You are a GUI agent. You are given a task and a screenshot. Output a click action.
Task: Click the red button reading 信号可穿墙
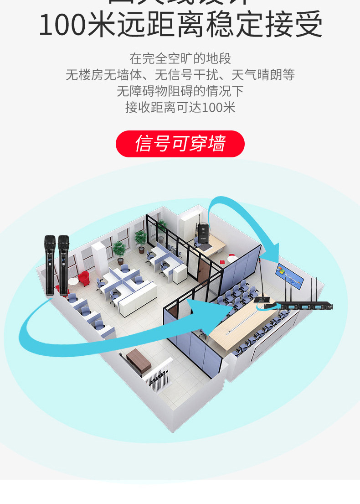(180, 144)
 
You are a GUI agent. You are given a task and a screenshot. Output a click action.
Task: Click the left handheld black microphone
(50, 265)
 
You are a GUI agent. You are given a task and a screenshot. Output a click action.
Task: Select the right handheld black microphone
(63, 265)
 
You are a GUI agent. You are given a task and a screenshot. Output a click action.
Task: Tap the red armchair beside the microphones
(83, 277)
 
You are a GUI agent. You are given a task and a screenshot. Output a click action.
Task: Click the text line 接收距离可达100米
(180, 108)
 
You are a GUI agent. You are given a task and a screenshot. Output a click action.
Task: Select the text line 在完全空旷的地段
(180, 58)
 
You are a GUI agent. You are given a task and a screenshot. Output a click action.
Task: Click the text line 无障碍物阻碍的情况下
(180, 91)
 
